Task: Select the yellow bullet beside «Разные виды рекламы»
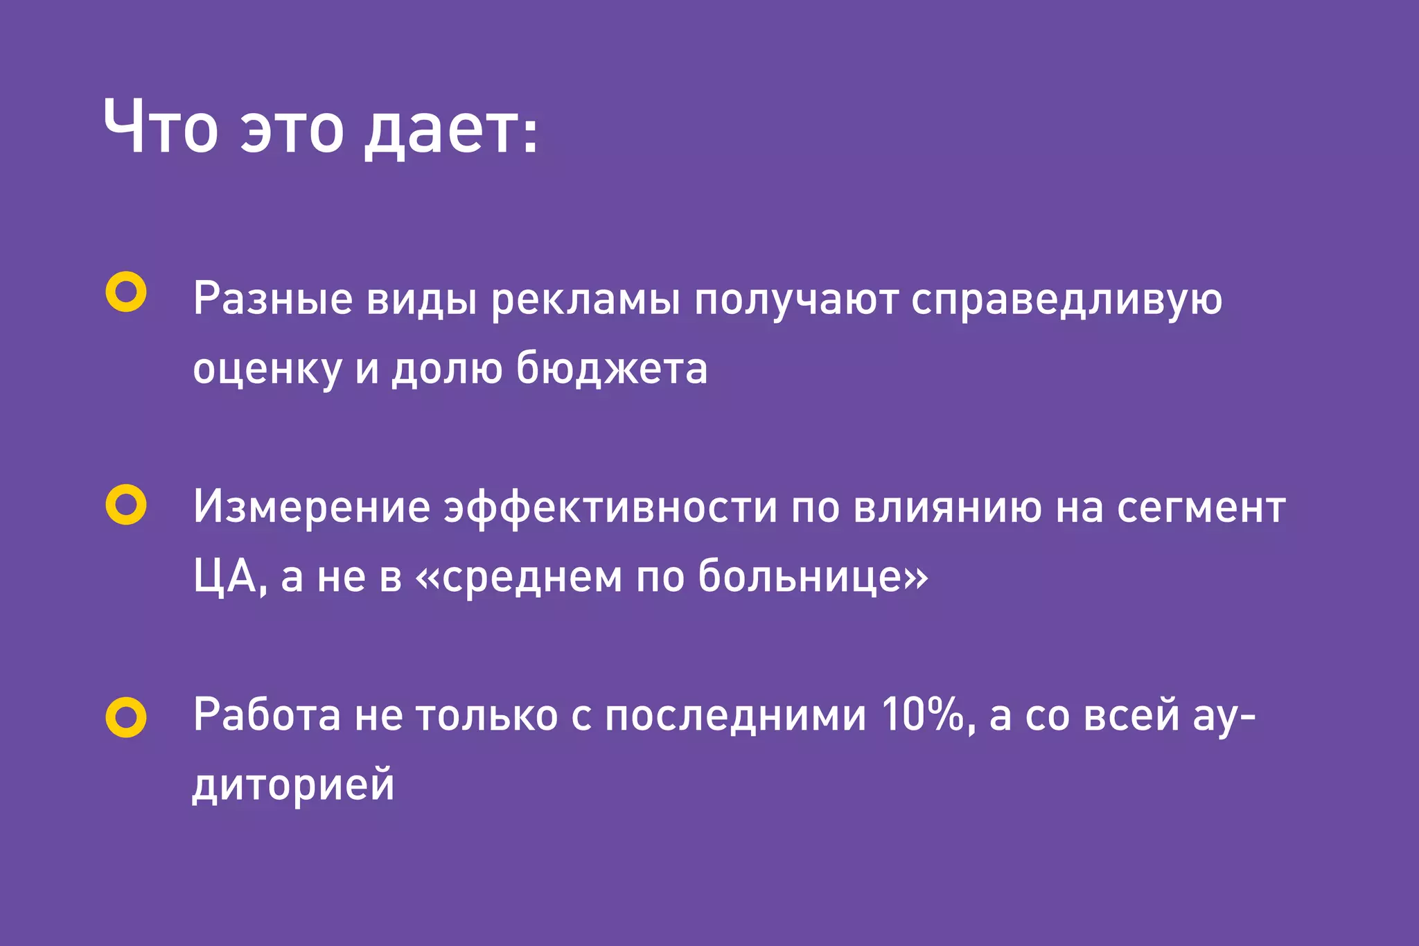[x=126, y=292]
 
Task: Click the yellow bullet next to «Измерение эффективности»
[x=126, y=505]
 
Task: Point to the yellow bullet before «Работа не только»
[x=126, y=717]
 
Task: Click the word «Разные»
[x=273, y=299]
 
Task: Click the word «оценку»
[x=267, y=369]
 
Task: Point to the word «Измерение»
[x=312, y=507]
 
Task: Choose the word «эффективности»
[x=610, y=508]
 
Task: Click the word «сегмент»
[x=1201, y=508]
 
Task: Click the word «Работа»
[x=267, y=715]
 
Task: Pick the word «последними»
[x=735, y=716]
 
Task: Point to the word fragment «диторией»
[x=294, y=785]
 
